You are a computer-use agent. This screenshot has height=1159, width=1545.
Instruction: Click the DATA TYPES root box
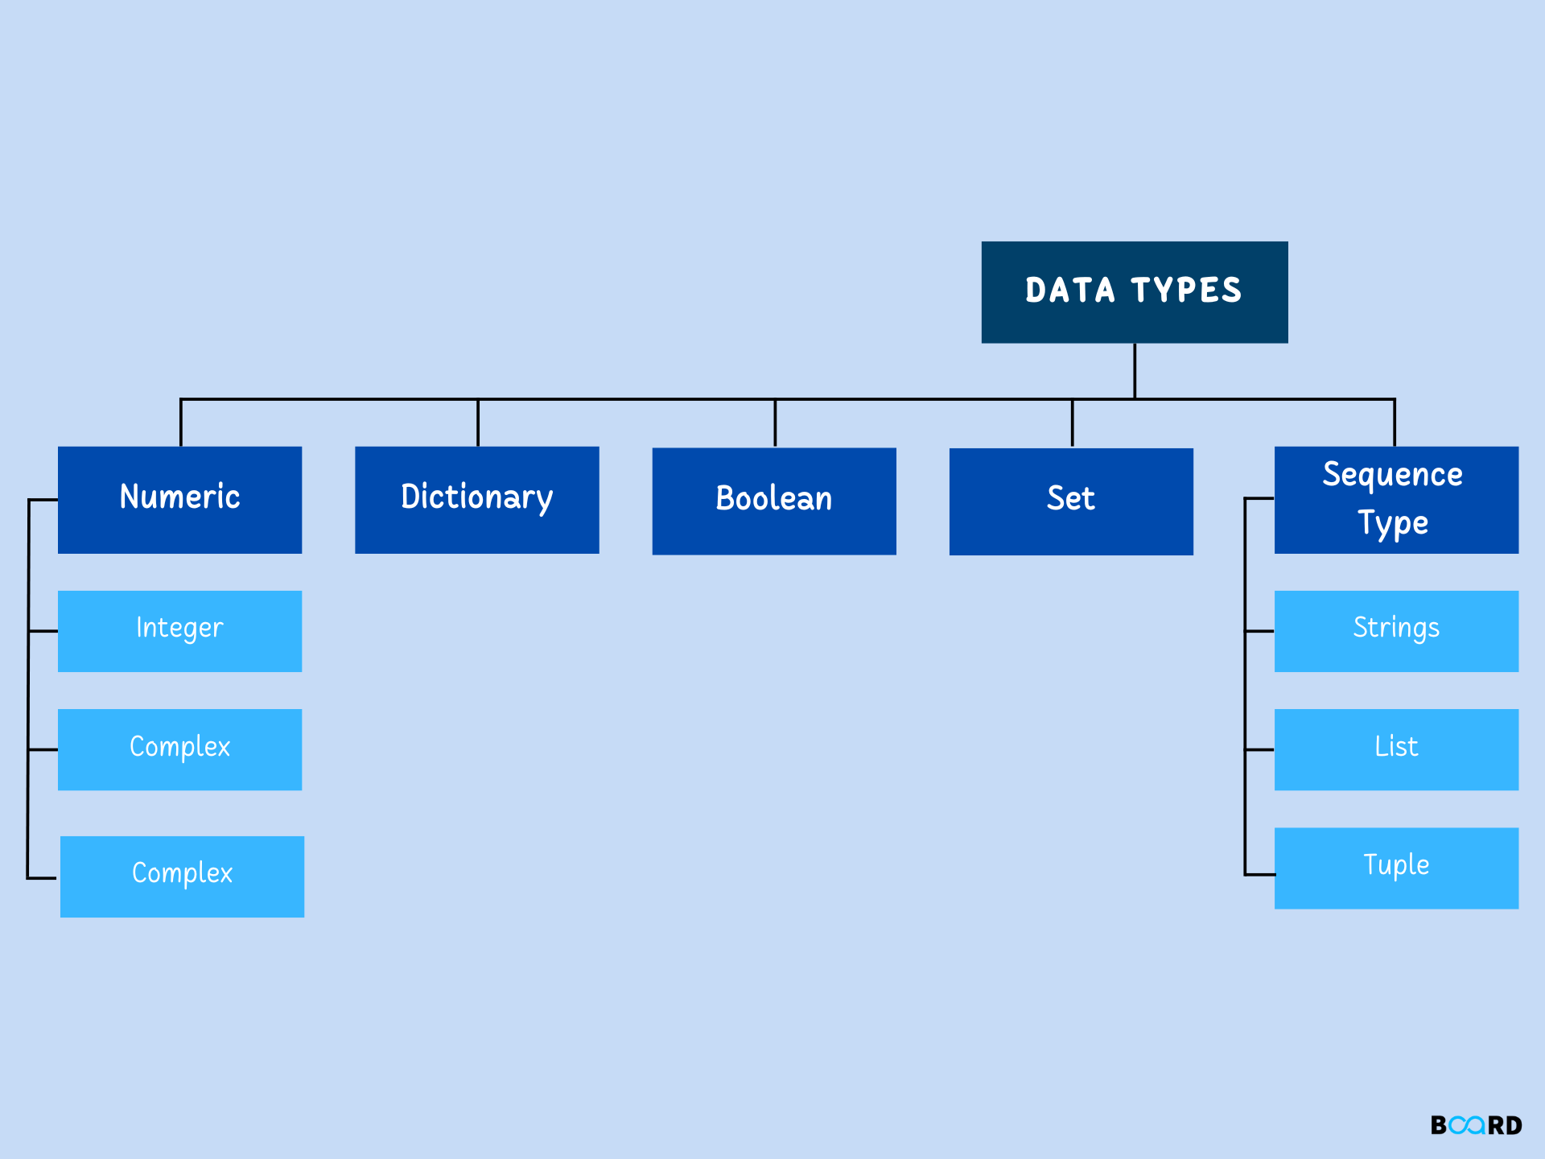[x=1134, y=292]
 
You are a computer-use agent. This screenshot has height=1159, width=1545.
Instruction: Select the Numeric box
[x=179, y=500]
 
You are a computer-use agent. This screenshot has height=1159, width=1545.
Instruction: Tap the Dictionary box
[x=476, y=500]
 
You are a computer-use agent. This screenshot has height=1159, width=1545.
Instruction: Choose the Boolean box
[x=773, y=501]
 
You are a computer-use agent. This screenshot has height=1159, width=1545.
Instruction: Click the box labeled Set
[x=1070, y=501]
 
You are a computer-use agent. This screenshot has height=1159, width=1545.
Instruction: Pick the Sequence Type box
[x=1395, y=500]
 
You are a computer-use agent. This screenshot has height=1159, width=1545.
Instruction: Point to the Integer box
[x=179, y=631]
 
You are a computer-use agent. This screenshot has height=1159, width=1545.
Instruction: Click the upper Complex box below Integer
[x=179, y=749]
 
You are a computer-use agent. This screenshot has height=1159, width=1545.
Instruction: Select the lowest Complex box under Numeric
[x=182, y=876]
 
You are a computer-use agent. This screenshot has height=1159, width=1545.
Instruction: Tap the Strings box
[x=1395, y=631]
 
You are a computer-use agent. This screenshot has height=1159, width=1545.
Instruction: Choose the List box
[x=1395, y=749]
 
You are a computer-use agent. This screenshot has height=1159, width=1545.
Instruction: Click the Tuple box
[x=1395, y=868]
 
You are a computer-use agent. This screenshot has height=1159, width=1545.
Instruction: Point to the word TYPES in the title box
[x=1186, y=291]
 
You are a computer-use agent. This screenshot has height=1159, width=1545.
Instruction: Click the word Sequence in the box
[x=1392, y=475]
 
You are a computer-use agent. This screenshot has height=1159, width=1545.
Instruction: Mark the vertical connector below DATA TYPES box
[x=1135, y=370]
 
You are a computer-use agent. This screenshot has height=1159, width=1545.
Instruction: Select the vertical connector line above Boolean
[x=775, y=423]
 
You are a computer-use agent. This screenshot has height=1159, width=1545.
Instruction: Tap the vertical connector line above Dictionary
[x=478, y=423]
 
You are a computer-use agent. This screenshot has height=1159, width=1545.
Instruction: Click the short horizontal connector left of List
[x=1259, y=749]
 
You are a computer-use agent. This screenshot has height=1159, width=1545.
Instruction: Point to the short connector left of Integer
[x=43, y=631]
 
